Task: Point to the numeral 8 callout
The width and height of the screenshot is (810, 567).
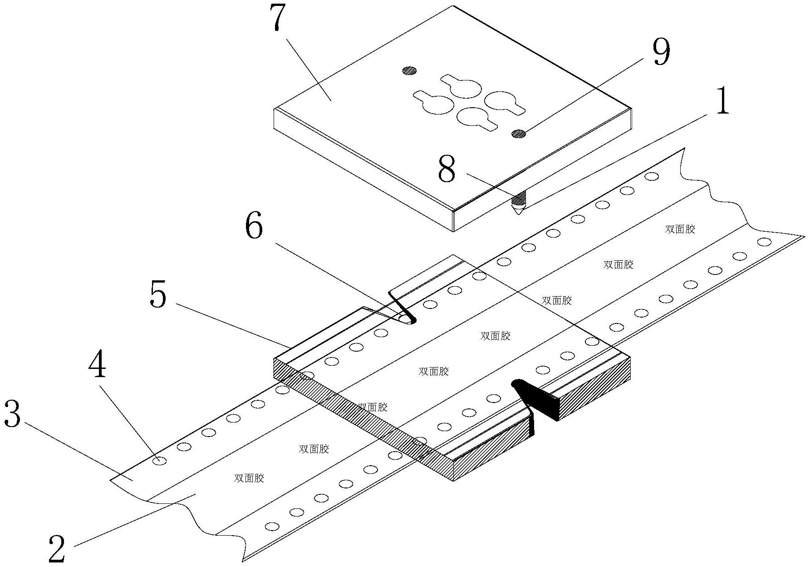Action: coord(447,169)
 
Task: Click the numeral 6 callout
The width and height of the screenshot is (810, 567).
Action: coord(254,227)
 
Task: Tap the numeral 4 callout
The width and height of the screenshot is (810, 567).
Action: coord(98,366)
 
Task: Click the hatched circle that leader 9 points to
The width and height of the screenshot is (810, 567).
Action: coord(518,133)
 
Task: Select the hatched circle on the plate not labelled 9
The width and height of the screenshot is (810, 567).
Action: coord(409,70)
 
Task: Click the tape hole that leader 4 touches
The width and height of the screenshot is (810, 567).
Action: coord(159,461)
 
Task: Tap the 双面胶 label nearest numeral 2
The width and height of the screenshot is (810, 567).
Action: coord(249,478)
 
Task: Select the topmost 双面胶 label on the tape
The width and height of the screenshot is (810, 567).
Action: coord(680,229)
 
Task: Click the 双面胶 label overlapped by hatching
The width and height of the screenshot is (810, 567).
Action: coord(372,407)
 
